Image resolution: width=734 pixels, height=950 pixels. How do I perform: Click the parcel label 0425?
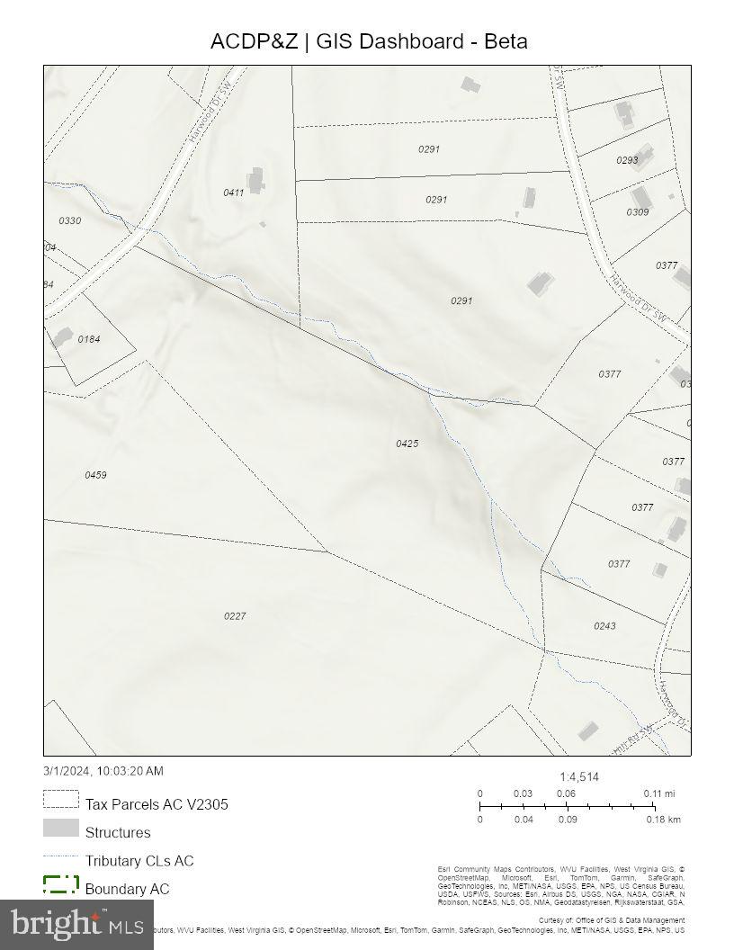coord(407,444)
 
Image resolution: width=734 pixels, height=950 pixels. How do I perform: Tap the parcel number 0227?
coord(235,616)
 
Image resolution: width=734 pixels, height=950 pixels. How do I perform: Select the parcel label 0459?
coord(95,475)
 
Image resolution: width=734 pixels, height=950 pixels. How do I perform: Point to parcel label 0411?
coord(234,193)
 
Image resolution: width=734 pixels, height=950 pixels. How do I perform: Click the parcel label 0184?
coord(89,339)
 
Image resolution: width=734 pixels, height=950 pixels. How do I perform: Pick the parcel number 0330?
coord(69,220)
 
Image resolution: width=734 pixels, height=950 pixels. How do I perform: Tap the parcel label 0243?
coord(604,626)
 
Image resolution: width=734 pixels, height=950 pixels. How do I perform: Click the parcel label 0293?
coord(627,160)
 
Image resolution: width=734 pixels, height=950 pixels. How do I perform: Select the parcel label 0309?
coord(638,212)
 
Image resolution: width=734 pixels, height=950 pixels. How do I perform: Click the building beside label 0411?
coord(257,179)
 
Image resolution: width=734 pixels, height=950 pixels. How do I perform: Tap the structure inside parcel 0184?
coord(61,337)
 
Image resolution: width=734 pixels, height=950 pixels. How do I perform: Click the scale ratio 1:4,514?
coord(579,777)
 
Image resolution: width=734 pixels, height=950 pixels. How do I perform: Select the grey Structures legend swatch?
coord(60,828)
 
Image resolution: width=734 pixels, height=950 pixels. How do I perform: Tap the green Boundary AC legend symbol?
coord(60,884)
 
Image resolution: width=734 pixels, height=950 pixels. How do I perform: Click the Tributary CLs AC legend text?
coord(139,861)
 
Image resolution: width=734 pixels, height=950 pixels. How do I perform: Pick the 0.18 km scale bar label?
coord(663,820)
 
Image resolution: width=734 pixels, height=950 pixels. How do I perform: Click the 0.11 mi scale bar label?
coord(658,793)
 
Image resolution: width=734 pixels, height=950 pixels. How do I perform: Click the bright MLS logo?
coord(76,923)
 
